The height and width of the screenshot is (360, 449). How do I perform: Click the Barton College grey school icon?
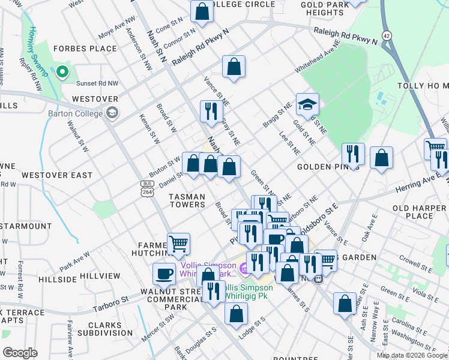112,112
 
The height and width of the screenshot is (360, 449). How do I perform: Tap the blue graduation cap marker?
307,105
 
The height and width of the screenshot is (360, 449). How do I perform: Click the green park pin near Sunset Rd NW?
62,73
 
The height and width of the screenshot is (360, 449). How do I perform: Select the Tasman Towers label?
187,200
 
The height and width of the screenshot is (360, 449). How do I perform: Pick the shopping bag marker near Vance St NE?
234,67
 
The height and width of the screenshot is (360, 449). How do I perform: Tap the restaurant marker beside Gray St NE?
211,112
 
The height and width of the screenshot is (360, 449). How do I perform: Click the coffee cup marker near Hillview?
164,274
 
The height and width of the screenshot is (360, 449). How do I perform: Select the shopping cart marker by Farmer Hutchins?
178,244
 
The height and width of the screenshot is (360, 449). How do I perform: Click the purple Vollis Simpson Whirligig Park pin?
244,268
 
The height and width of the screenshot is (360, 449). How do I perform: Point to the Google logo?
20,352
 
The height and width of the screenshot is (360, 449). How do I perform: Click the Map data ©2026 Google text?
412,355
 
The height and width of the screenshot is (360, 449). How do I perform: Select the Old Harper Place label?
420,212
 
